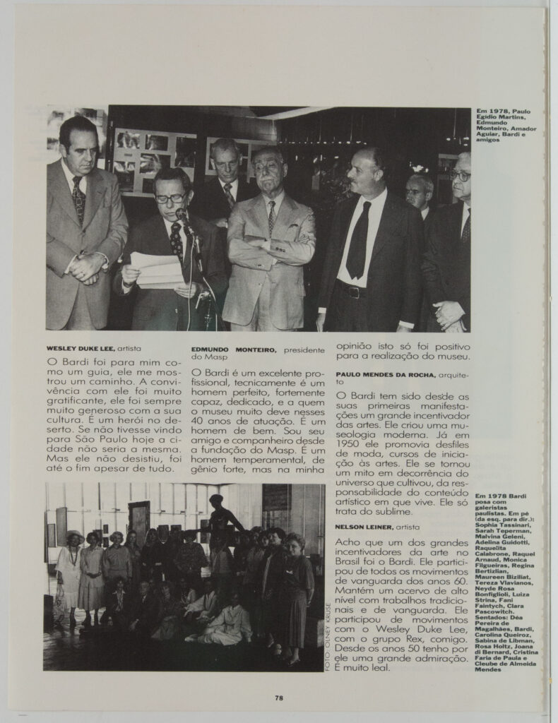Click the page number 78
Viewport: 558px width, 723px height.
click(x=279, y=698)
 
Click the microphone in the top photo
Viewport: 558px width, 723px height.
click(x=182, y=215)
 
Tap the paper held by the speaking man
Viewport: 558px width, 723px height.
click(x=157, y=269)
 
